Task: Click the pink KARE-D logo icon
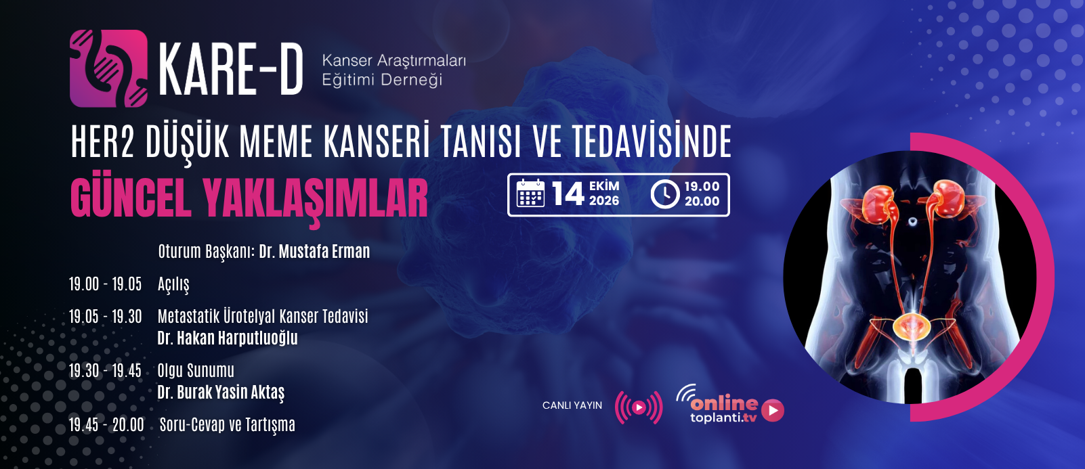[x=108, y=68]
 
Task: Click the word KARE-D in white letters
[x=231, y=69]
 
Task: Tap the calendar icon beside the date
[x=530, y=193]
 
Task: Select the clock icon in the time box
[x=665, y=194]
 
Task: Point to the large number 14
[x=568, y=194]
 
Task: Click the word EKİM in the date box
[x=604, y=186]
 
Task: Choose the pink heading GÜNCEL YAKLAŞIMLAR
[x=249, y=199]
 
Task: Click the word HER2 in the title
[x=102, y=142]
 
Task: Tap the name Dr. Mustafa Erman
[x=314, y=251]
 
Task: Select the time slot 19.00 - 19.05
[x=105, y=284]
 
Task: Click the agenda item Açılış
[x=173, y=285]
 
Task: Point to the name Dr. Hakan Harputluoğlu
[x=227, y=338]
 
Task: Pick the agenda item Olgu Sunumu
[x=196, y=371]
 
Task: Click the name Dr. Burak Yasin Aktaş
[x=221, y=393]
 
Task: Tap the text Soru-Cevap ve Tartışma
[x=227, y=425]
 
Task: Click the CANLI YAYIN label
[x=572, y=405]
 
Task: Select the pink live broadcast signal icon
[x=639, y=407]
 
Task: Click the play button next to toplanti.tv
[x=773, y=410]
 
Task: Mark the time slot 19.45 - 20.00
[x=106, y=425]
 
